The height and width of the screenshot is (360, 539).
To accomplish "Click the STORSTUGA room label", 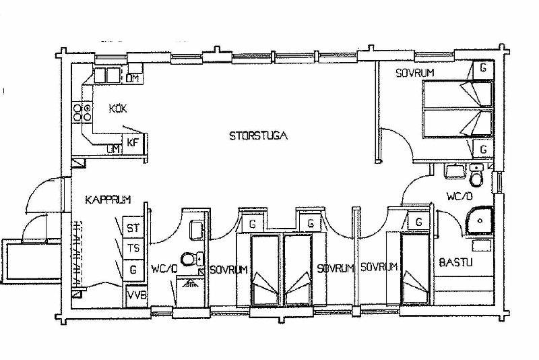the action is tap(258, 136).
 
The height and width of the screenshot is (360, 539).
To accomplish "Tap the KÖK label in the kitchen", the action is tap(118, 109).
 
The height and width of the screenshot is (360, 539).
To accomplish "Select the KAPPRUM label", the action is tap(108, 200).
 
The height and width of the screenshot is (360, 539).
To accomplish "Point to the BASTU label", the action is tap(456, 263).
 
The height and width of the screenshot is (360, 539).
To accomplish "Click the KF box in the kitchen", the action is tap(133, 142).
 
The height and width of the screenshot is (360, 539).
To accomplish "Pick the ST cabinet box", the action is tap(133, 228).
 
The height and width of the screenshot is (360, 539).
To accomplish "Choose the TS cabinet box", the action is tap(133, 248).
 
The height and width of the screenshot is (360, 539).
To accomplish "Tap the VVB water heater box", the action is tap(137, 296).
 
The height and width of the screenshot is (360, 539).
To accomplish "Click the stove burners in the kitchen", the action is tap(82, 113).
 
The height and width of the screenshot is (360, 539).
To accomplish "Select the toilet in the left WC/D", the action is tap(192, 259).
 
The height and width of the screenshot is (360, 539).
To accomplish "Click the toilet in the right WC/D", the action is tap(476, 175).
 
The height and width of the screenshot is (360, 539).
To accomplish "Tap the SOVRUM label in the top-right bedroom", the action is tap(415, 73).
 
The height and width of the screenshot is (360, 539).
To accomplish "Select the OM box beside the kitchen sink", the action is tap(132, 78).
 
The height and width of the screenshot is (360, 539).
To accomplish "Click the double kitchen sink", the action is tap(107, 75).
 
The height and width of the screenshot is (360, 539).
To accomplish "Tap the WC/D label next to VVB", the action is tap(164, 268).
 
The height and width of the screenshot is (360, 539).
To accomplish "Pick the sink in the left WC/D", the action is tap(196, 229).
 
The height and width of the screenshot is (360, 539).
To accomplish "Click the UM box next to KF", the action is tap(113, 149).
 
